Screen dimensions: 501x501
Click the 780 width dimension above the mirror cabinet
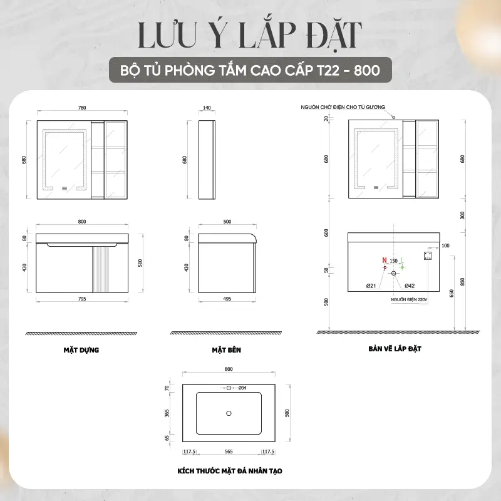(82, 108)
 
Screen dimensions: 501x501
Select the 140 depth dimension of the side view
(207, 108)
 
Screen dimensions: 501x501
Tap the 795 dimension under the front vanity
(82, 299)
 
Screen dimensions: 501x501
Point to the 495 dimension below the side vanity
(227, 299)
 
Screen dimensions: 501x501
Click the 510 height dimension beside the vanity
(140, 263)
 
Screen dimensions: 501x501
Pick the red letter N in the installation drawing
(385, 261)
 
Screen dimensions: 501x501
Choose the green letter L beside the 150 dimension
(402, 261)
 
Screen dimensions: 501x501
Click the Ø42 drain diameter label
(410, 286)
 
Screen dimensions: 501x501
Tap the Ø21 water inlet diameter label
(371, 286)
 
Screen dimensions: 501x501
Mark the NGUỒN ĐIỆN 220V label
(409, 300)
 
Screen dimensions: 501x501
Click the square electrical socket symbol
(428, 256)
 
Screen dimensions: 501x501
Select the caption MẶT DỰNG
(81, 350)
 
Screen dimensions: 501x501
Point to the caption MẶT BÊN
(227, 350)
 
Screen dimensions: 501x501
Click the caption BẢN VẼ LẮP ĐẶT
(395, 349)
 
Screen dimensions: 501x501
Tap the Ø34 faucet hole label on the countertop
(242, 388)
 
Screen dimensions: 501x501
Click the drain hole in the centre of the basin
(229, 413)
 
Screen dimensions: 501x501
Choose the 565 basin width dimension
(229, 452)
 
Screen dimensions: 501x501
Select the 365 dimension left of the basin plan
(167, 413)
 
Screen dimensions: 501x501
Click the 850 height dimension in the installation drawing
(462, 281)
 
